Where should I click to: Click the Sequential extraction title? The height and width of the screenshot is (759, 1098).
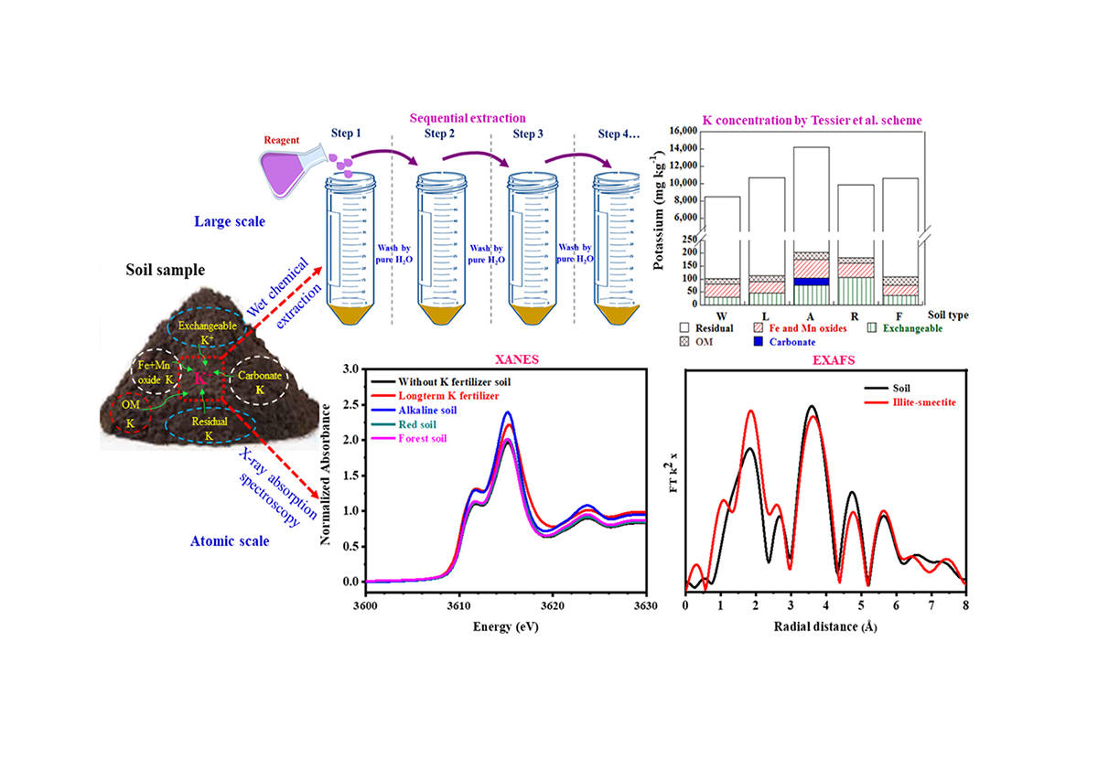(x=468, y=118)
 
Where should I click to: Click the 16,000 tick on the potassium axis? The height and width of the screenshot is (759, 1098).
(x=679, y=131)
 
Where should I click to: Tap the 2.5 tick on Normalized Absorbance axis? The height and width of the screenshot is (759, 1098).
(x=349, y=404)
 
